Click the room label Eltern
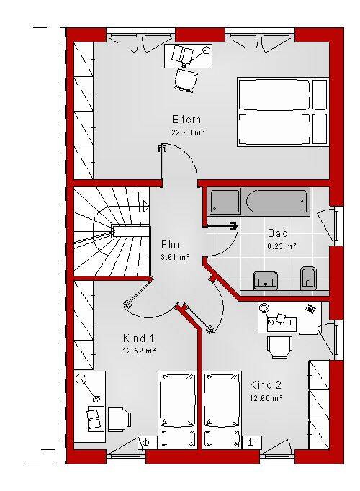coord(186,120)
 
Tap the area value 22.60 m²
coord(188,132)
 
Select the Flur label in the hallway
coord(171,245)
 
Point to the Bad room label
coord(278,233)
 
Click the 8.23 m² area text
coord(282,246)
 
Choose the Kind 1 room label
coord(139,338)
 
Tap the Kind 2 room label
coord(266,385)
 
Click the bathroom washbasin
coord(266,280)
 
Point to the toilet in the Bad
coord(308,278)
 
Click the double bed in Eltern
coord(283,112)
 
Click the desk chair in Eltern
coord(186,80)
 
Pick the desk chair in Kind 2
coord(279,347)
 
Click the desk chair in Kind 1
coord(120,419)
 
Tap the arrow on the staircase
coord(146,206)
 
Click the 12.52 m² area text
coord(139,351)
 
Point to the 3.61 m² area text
coord(175,258)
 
